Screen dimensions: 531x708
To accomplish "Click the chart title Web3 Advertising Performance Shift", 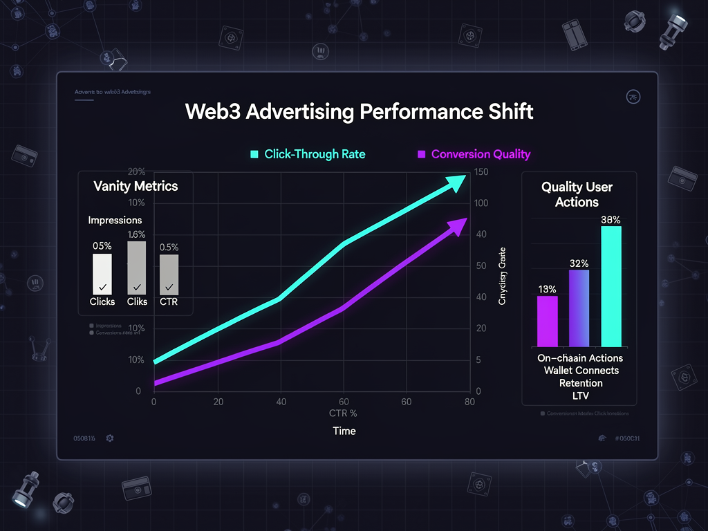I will [x=359, y=112].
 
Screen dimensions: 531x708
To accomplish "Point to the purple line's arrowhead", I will [x=457, y=226].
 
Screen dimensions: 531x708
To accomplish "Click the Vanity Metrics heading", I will [x=136, y=186].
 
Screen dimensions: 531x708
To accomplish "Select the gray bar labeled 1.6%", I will [x=137, y=267].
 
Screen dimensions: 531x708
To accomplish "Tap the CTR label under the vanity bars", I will [x=169, y=301].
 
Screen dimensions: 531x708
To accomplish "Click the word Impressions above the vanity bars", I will [x=115, y=220].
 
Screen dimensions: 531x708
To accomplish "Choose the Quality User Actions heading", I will [x=577, y=194].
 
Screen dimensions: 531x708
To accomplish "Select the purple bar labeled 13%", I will [x=548, y=321].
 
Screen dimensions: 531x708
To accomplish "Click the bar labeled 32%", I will [x=579, y=308].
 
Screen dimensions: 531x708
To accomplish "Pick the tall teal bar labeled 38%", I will [x=611, y=286].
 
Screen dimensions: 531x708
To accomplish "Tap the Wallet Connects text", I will [x=581, y=371].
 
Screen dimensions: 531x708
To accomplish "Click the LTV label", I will [x=581, y=395].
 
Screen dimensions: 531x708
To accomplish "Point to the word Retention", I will [x=581, y=383].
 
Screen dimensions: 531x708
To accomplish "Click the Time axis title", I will [x=344, y=431].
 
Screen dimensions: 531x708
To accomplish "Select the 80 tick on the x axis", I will [x=469, y=402].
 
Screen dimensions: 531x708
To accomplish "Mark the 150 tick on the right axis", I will [x=482, y=172].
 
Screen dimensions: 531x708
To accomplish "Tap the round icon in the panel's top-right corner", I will [x=631, y=97].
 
